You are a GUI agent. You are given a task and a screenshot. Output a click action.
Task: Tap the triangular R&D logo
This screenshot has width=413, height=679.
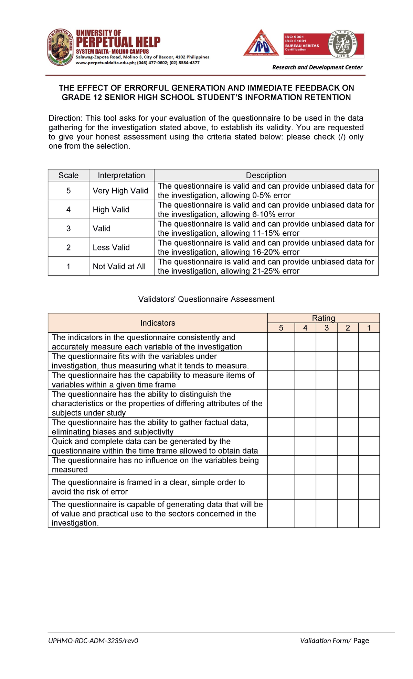[x=261, y=43]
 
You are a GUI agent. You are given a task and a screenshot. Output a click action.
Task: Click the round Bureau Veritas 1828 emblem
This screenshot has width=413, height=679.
[x=342, y=44]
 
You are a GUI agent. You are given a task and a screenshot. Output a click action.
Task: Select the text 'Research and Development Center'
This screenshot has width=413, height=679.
[x=317, y=67]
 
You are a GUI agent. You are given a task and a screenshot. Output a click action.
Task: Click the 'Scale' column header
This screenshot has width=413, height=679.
[x=68, y=175]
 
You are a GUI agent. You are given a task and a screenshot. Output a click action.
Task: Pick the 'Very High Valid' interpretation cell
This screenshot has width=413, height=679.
[x=120, y=191]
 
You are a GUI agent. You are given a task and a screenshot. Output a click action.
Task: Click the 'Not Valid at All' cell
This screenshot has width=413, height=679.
[x=119, y=266]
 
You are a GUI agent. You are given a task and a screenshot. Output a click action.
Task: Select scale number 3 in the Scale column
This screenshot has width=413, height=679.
[x=68, y=229]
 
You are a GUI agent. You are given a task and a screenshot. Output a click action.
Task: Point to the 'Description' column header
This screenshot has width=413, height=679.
[x=266, y=175]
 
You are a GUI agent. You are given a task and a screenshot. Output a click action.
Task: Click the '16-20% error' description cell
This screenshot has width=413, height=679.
[x=266, y=247]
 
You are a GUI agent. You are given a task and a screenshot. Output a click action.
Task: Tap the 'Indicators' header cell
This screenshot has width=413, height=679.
[x=158, y=323]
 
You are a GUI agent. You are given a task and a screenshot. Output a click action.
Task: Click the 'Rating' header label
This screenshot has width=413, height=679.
[x=323, y=318]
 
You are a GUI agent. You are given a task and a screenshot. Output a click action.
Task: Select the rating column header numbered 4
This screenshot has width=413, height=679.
[x=305, y=328]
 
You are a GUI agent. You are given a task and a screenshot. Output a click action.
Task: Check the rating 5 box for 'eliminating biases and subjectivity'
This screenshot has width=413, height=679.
[x=281, y=427]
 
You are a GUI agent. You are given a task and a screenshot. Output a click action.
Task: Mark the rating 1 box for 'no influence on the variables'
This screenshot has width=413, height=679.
[x=369, y=465]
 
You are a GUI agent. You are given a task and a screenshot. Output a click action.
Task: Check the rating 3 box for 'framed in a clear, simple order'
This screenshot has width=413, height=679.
[x=326, y=487]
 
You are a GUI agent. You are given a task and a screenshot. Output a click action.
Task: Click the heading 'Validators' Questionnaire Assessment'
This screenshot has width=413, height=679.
[x=206, y=299]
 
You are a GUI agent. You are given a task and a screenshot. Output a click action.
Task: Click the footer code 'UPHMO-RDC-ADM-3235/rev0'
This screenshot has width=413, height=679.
[x=93, y=641]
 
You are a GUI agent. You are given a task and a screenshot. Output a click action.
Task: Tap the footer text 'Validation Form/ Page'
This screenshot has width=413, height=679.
[x=334, y=641]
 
